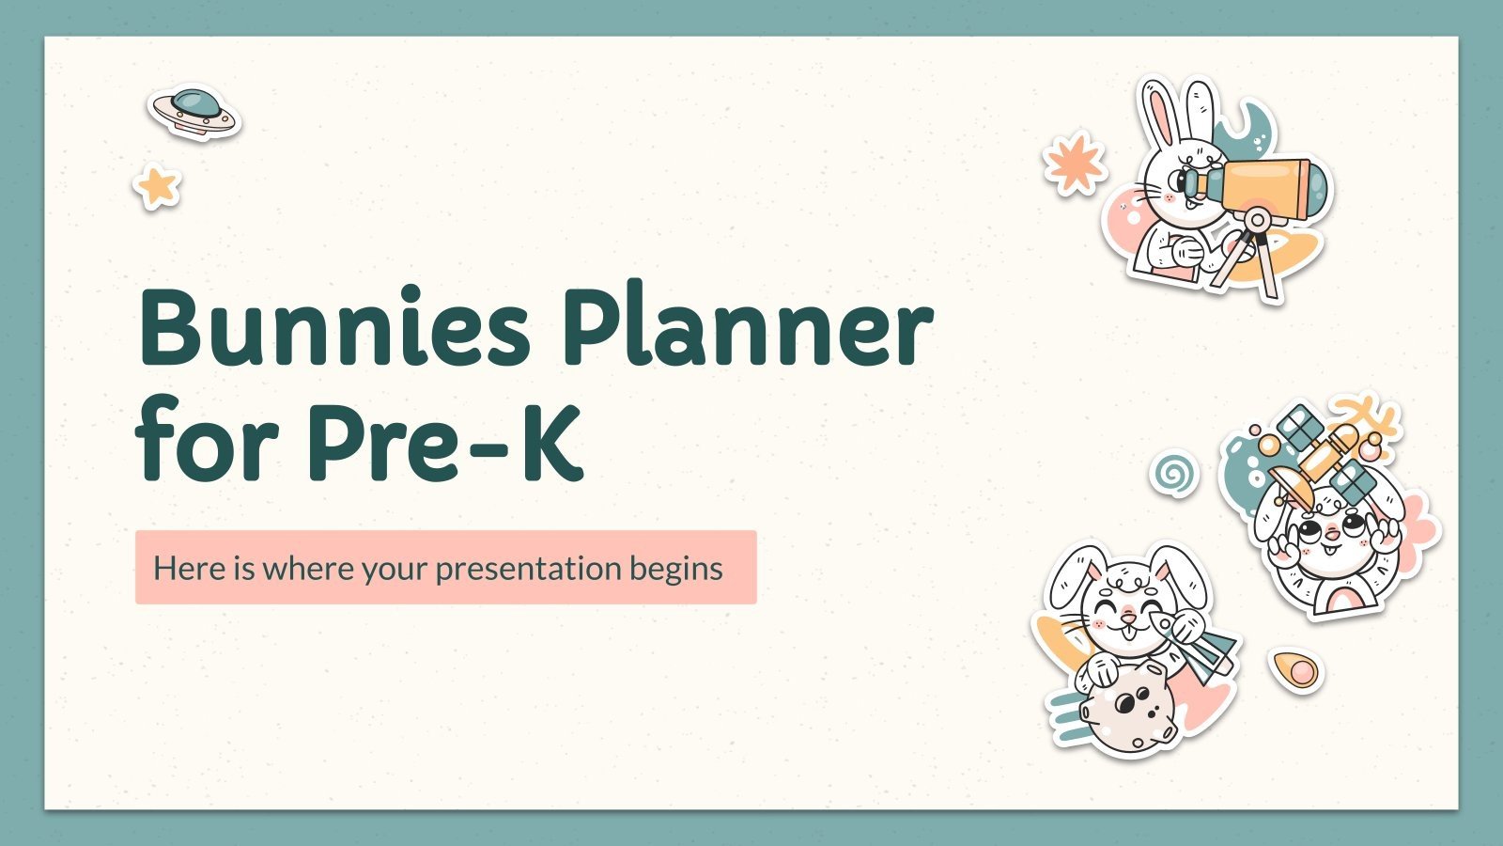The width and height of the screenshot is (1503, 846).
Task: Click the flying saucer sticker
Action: [194, 113]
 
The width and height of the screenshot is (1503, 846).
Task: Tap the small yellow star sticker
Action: [157, 186]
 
